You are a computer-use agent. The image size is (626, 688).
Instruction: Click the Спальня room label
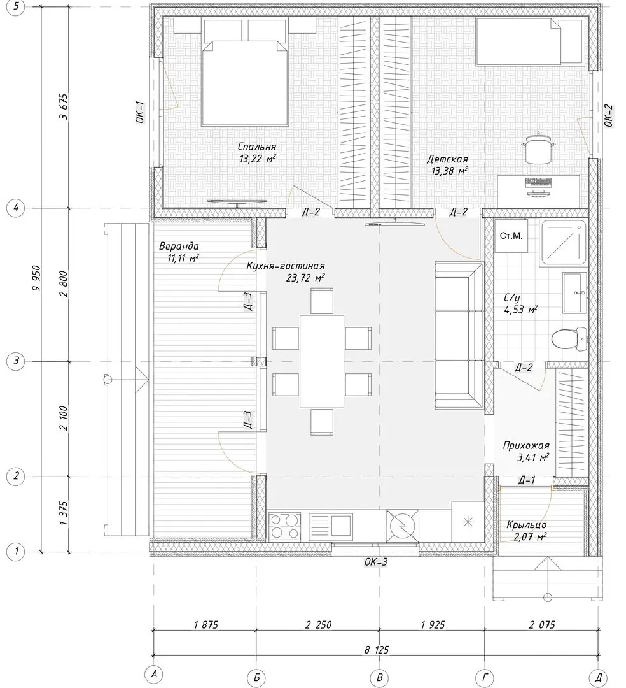(257, 147)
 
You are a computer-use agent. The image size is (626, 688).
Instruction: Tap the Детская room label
(447, 159)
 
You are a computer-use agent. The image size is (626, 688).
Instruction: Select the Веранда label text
(179, 246)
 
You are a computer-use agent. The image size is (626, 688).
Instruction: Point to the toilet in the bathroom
(569, 339)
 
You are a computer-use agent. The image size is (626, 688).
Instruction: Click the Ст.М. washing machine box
(511, 236)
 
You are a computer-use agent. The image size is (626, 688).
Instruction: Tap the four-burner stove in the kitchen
(284, 526)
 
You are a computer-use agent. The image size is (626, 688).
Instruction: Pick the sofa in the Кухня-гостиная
(459, 336)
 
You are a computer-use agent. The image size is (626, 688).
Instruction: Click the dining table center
(321, 361)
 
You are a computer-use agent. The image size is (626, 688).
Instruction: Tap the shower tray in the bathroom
(564, 243)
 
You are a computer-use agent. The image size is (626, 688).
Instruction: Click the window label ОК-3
(376, 562)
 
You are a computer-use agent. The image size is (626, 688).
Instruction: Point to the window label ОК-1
(140, 112)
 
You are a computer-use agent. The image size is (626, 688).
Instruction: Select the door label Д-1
(526, 480)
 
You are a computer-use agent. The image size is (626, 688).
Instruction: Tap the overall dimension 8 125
(376, 650)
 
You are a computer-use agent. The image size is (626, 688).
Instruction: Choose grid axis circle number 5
(16, 7)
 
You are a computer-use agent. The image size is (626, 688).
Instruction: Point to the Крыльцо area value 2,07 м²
(531, 536)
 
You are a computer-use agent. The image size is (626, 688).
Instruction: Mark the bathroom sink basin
(574, 292)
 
